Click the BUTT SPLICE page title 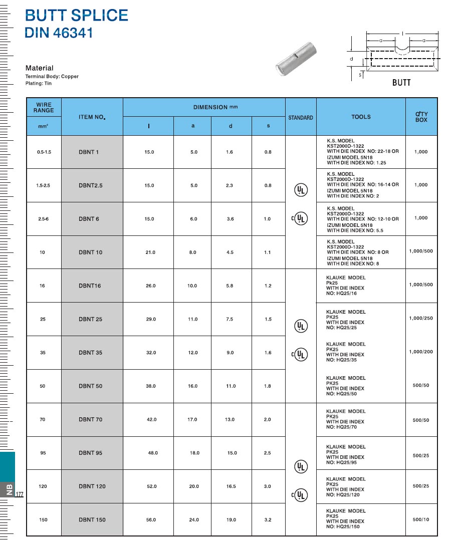click(x=77, y=15)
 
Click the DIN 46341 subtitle click(x=59, y=33)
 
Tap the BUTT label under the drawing click(x=401, y=83)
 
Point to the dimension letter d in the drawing click(x=351, y=59)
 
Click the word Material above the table click(x=40, y=68)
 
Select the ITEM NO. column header click(x=92, y=117)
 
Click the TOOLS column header click(x=361, y=117)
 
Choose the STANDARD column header click(x=301, y=118)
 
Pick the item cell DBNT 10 click(x=91, y=252)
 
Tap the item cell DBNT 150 click(x=92, y=520)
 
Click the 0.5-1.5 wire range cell click(x=44, y=152)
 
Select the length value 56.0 click(x=151, y=520)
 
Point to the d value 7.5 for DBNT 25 click(x=230, y=319)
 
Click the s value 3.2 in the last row click(x=268, y=520)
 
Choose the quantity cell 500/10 click(x=421, y=519)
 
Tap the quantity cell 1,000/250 click(x=421, y=319)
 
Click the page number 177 click(x=20, y=495)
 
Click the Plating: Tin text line click(x=39, y=84)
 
